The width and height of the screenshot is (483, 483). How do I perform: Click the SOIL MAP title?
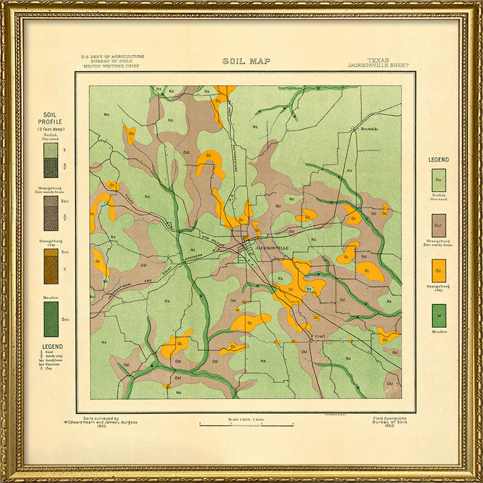(246, 61)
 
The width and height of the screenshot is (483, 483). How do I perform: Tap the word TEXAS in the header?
(378, 60)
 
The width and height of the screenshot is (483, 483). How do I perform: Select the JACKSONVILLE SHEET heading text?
(378, 65)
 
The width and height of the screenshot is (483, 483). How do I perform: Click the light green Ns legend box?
(438, 180)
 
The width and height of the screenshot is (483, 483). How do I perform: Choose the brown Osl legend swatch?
(438, 225)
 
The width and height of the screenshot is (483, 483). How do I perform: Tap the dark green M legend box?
(438, 316)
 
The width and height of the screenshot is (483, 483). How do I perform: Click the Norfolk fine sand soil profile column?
(51, 160)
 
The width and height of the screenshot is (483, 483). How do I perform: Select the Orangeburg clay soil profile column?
(51, 266)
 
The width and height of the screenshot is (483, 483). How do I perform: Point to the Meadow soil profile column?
(51, 319)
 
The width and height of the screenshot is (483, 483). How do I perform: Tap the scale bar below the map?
(246, 425)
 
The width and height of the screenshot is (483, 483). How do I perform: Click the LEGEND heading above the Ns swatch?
(438, 159)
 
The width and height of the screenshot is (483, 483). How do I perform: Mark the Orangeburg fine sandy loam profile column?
(51, 213)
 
